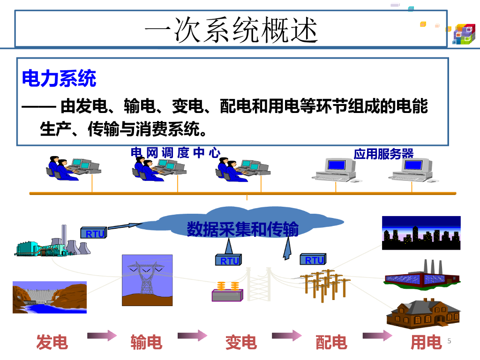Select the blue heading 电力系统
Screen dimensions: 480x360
tap(59, 78)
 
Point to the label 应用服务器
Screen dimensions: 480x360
tap(383, 154)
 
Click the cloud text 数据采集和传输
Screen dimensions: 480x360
tap(242, 229)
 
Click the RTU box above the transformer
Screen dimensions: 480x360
tap(229, 261)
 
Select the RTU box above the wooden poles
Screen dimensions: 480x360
tap(313, 260)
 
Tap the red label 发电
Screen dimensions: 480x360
tap(52, 342)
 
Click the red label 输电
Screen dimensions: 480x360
tap(146, 342)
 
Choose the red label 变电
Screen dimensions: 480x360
tap(241, 342)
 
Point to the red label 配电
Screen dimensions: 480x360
tap(331, 342)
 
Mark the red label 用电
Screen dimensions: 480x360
tap(426, 342)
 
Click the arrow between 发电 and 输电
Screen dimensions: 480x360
tap(101, 335)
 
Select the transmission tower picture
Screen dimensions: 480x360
tap(147, 280)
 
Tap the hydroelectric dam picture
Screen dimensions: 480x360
tap(49, 297)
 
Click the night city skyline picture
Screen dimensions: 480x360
tap(421, 233)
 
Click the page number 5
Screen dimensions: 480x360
tap(449, 341)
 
